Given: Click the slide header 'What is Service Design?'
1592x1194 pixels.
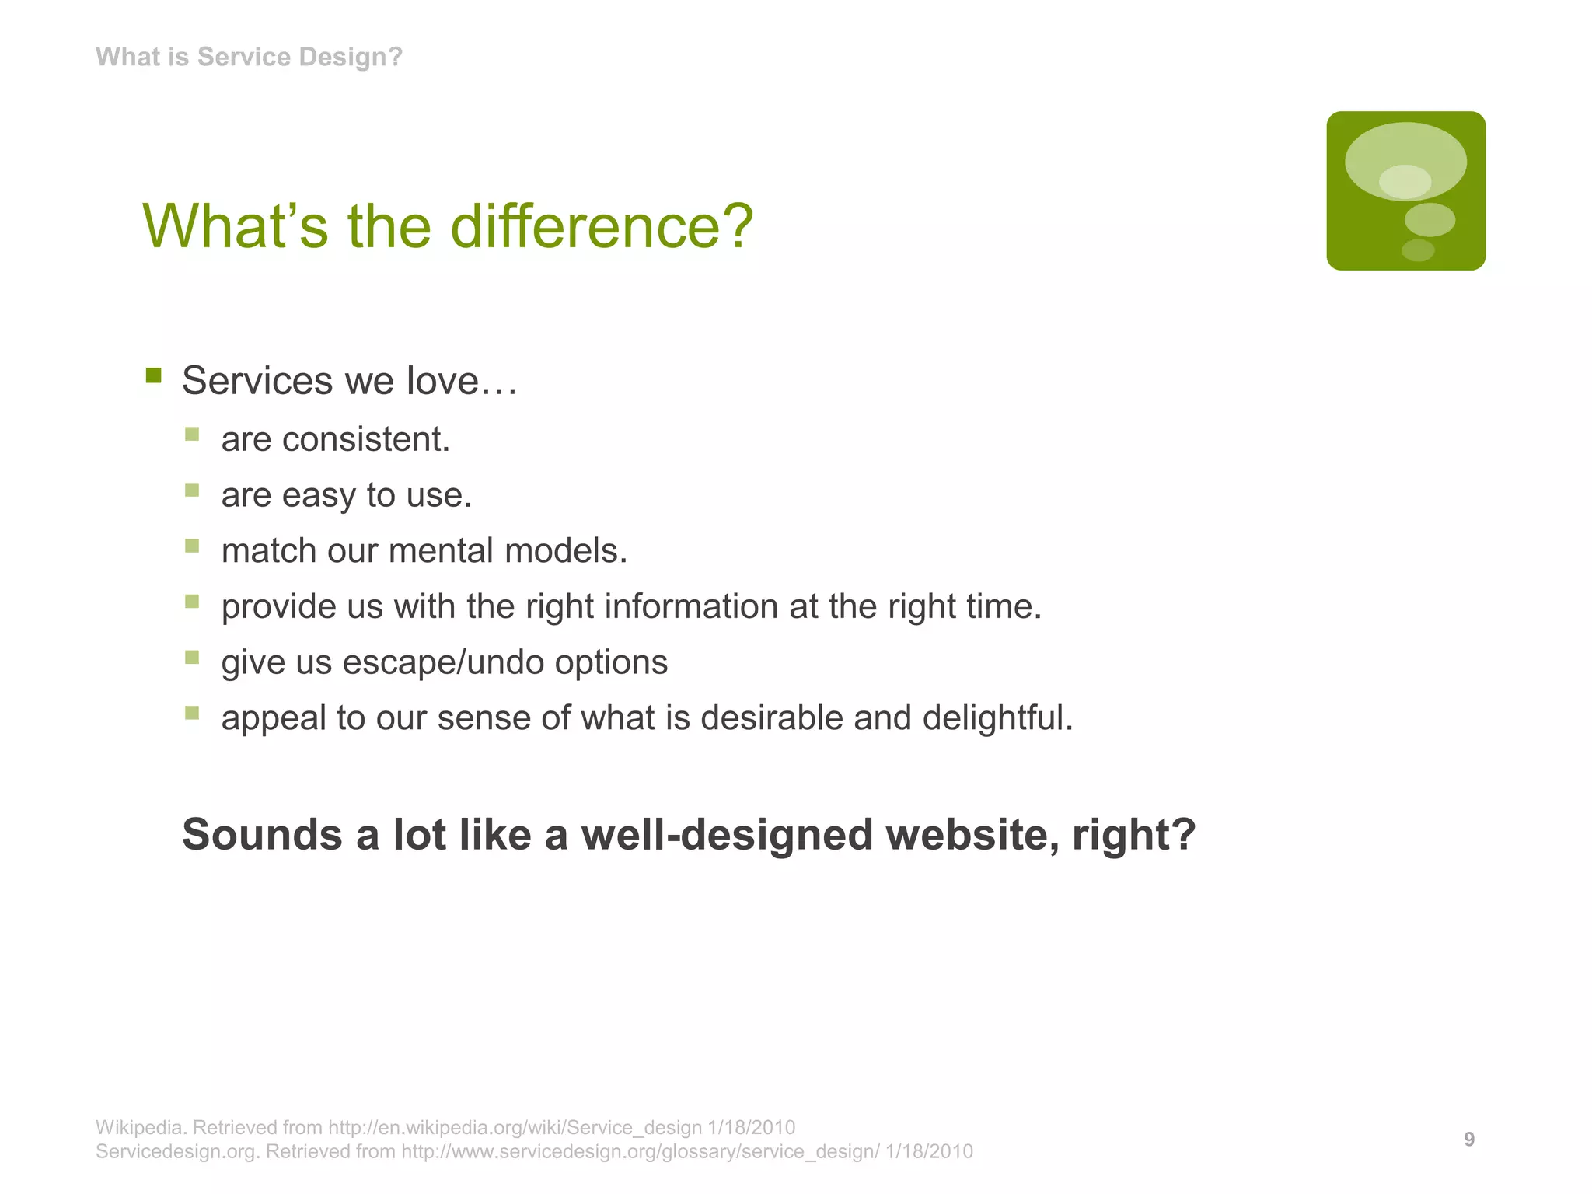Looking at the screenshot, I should pos(249,57).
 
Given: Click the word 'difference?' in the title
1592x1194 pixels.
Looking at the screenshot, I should pos(602,226).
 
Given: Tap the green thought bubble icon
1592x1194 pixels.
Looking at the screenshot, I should pos(1405,190).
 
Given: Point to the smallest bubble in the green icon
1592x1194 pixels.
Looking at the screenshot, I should pos(1417,250).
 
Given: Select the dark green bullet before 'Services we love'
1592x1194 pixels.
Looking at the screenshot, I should pos(153,376).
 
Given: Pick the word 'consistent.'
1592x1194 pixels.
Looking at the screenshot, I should pos(366,439).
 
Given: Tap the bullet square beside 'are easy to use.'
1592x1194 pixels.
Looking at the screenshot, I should pos(192,490).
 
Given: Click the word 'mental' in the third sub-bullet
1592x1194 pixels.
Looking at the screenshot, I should pos(441,551).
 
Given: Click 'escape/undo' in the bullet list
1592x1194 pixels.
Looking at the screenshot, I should pos(443,662).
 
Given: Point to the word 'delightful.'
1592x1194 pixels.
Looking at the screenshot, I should pos(997,717).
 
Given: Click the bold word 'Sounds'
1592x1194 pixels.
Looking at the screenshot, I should pos(262,835).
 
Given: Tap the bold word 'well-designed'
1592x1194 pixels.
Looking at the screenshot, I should pos(727,835).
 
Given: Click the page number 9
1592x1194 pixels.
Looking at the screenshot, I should pos(1468,1139).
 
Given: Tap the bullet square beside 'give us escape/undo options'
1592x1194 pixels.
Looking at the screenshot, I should pos(192,657).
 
